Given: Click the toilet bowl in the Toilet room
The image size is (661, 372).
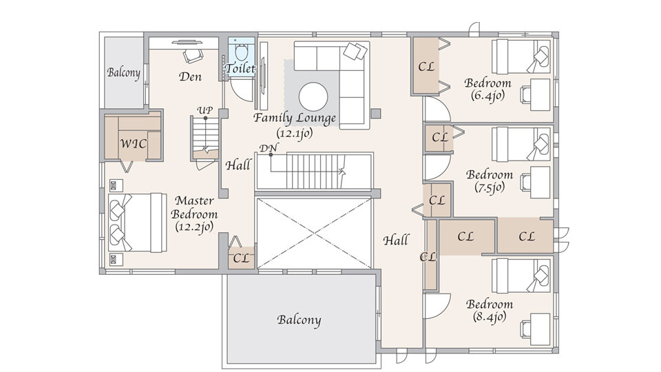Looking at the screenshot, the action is [x=241, y=52].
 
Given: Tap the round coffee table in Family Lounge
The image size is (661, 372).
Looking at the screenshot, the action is [x=313, y=97].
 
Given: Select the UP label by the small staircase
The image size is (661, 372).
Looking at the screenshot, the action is [x=205, y=110].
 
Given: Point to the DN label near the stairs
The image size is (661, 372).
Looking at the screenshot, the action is [x=268, y=149].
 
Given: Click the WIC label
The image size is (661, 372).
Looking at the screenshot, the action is [x=133, y=144].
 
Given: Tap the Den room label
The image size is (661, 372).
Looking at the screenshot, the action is [x=190, y=76].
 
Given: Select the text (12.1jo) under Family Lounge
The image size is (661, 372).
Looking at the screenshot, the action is [x=295, y=134].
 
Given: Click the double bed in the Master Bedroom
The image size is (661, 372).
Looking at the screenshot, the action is [x=137, y=223].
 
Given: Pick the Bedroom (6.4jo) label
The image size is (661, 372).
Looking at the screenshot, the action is [x=487, y=89].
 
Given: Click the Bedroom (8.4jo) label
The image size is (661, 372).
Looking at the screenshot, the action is [x=490, y=310].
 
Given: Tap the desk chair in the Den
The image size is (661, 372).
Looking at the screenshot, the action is [x=193, y=55].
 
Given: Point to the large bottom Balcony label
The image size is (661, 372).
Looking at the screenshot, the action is [x=299, y=320].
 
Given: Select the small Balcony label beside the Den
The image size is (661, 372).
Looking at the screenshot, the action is [x=123, y=72].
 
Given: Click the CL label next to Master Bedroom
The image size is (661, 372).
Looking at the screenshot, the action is [x=241, y=258].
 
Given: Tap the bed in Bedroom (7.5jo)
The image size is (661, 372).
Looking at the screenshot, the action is [x=521, y=144].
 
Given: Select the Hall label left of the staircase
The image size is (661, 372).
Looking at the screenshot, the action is [x=238, y=165].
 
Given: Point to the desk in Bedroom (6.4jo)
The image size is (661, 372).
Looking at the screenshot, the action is [x=540, y=95].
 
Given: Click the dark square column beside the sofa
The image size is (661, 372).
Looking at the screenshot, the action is [x=376, y=114].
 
